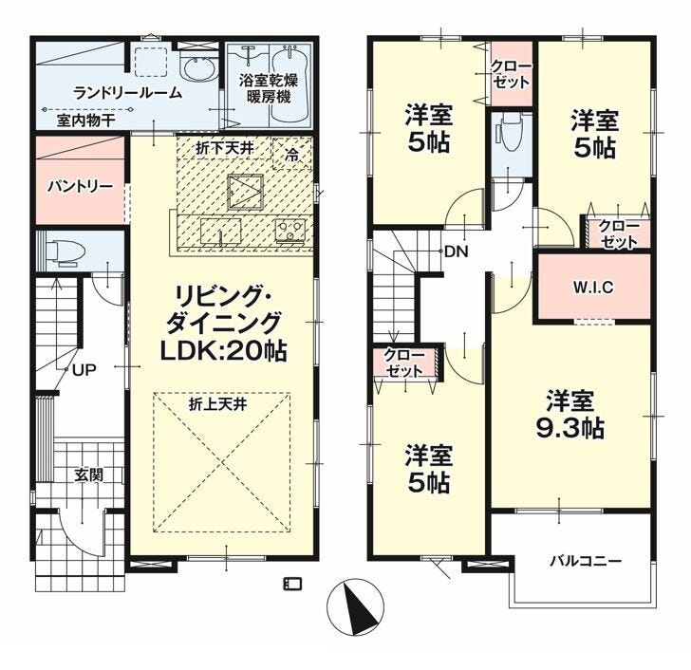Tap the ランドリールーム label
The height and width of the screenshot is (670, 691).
[128, 93]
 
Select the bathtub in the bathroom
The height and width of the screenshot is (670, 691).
[289, 85]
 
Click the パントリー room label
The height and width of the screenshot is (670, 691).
[80, 187]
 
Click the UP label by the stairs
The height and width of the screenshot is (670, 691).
[84, 370]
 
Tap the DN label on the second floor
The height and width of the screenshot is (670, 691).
[457, 252]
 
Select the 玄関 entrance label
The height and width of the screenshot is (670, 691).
[88, 475]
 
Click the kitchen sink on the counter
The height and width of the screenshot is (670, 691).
[220, 231]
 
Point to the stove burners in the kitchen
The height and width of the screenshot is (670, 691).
[290, 230]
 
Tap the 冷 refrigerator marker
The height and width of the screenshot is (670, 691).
[290, 154]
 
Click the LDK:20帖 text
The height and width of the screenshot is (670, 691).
[223, 351]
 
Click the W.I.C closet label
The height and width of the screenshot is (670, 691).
[592, 288]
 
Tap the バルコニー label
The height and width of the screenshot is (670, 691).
[586, 561]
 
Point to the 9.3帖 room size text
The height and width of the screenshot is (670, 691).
[570, 427]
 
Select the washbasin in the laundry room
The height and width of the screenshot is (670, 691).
[198, 68]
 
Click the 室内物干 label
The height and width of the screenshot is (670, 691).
[85, 121]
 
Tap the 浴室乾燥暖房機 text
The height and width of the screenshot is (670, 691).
[269, 88]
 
